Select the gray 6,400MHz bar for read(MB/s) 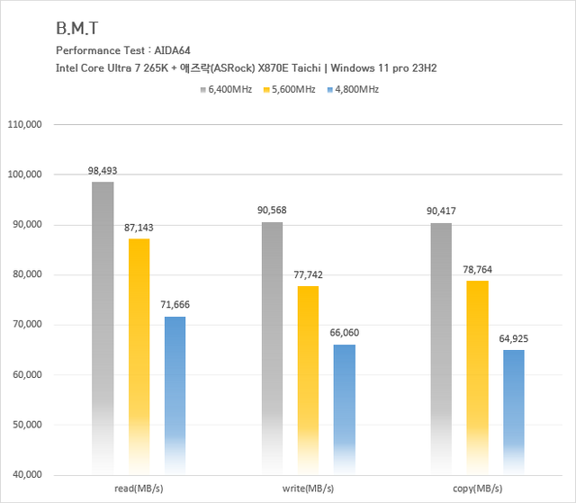click(103, 324)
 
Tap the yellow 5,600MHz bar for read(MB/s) click(139, 351)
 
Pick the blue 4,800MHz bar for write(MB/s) click(344, 405)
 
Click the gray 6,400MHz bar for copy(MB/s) click(441, 346)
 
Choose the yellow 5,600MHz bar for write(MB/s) click(308, 378)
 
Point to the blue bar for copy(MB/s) click(513, 409)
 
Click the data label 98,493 click(103, 170)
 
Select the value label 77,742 click(308, 274)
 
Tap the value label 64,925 click(513, 337)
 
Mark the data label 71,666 click(175, 304)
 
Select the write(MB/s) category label click(307, 489)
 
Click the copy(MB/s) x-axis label click(477, 489)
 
